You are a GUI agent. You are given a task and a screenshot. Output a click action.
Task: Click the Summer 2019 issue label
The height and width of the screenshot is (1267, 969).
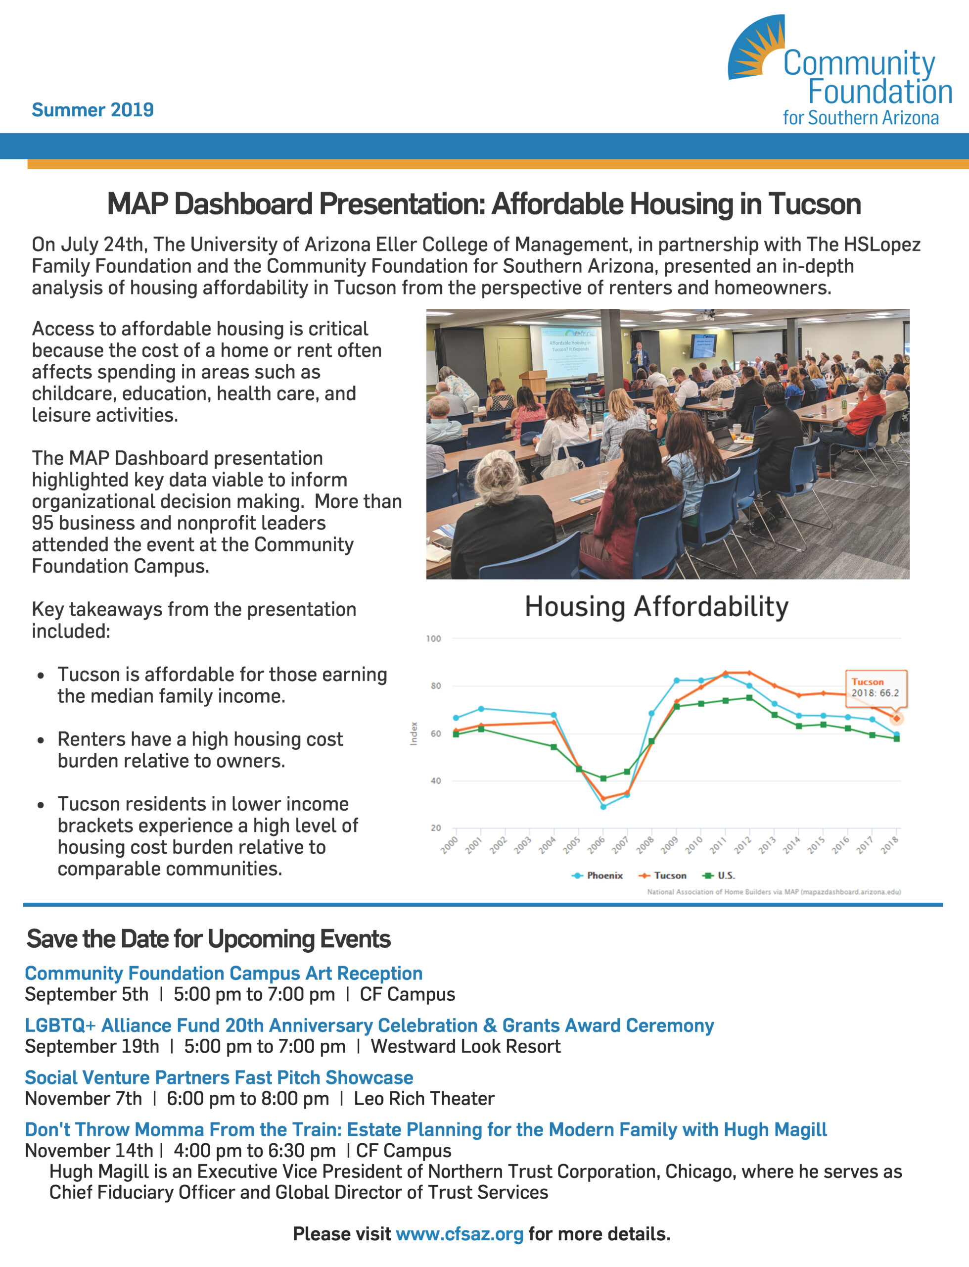92,109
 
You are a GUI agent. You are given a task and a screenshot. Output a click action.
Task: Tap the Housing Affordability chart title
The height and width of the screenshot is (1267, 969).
656,607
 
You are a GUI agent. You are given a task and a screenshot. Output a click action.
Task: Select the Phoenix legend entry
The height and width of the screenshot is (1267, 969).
597,875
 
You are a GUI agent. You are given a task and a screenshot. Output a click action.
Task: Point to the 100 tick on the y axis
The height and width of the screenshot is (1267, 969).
433,638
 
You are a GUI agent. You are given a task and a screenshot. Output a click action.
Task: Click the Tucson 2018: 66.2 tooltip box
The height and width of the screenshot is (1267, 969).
875,688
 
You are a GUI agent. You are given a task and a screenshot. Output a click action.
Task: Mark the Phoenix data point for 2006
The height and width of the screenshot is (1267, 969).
603,807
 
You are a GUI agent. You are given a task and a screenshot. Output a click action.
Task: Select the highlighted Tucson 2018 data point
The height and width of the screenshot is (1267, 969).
896,718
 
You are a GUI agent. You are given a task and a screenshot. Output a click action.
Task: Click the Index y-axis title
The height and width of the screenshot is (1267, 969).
414,733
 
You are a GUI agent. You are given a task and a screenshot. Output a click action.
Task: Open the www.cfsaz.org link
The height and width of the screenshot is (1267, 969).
459,1234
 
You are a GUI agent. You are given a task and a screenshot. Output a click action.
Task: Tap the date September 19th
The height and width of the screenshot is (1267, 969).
92,1046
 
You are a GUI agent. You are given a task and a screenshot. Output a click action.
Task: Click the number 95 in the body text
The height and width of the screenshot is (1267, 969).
42,523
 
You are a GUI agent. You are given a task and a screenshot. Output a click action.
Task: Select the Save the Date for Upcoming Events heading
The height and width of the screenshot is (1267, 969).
208,939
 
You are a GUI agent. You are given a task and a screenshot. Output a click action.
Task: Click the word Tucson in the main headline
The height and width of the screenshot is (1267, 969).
814,204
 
